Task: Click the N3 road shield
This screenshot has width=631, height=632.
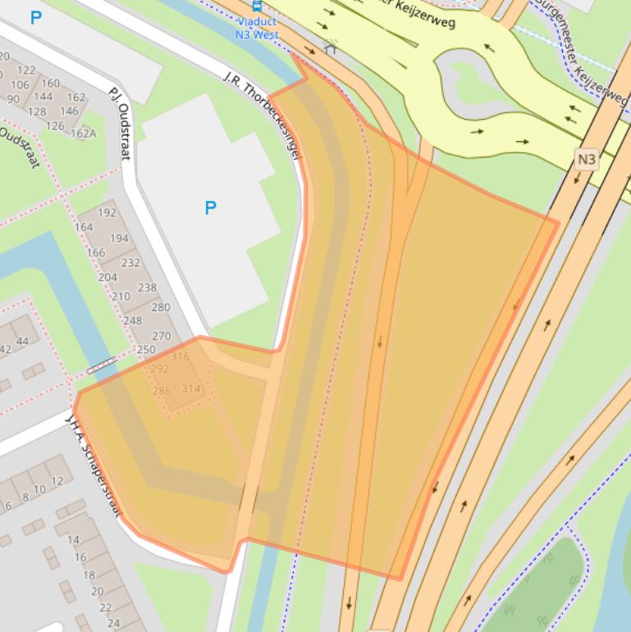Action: coord(586,159)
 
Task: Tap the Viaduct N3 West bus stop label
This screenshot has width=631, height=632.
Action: coord(255,29)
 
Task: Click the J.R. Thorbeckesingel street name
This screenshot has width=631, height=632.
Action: coord(263,114)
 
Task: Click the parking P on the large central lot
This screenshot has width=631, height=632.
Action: coord(210,208)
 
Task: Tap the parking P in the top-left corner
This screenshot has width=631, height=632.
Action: coord(35,17)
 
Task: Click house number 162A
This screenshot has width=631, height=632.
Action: coord(83,133)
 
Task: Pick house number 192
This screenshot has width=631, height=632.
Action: coord(107,213)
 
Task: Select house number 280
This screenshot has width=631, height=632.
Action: coord(161,307)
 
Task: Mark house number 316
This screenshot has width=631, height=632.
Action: coord(180,356)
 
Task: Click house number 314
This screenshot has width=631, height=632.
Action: coord(190,388)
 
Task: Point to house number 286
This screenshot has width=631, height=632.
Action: coord(162,391)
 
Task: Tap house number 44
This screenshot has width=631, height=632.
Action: coord(22,341)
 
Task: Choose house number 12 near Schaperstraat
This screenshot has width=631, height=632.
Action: coord(57,481)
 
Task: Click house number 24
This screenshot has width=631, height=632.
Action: coord(113,622)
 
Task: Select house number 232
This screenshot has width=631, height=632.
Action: coord(130,263)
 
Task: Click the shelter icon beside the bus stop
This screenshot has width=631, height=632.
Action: coord(330,47)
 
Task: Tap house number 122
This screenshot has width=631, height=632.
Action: coord(26,71)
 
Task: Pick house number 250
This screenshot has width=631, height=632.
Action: coord(145,350)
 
